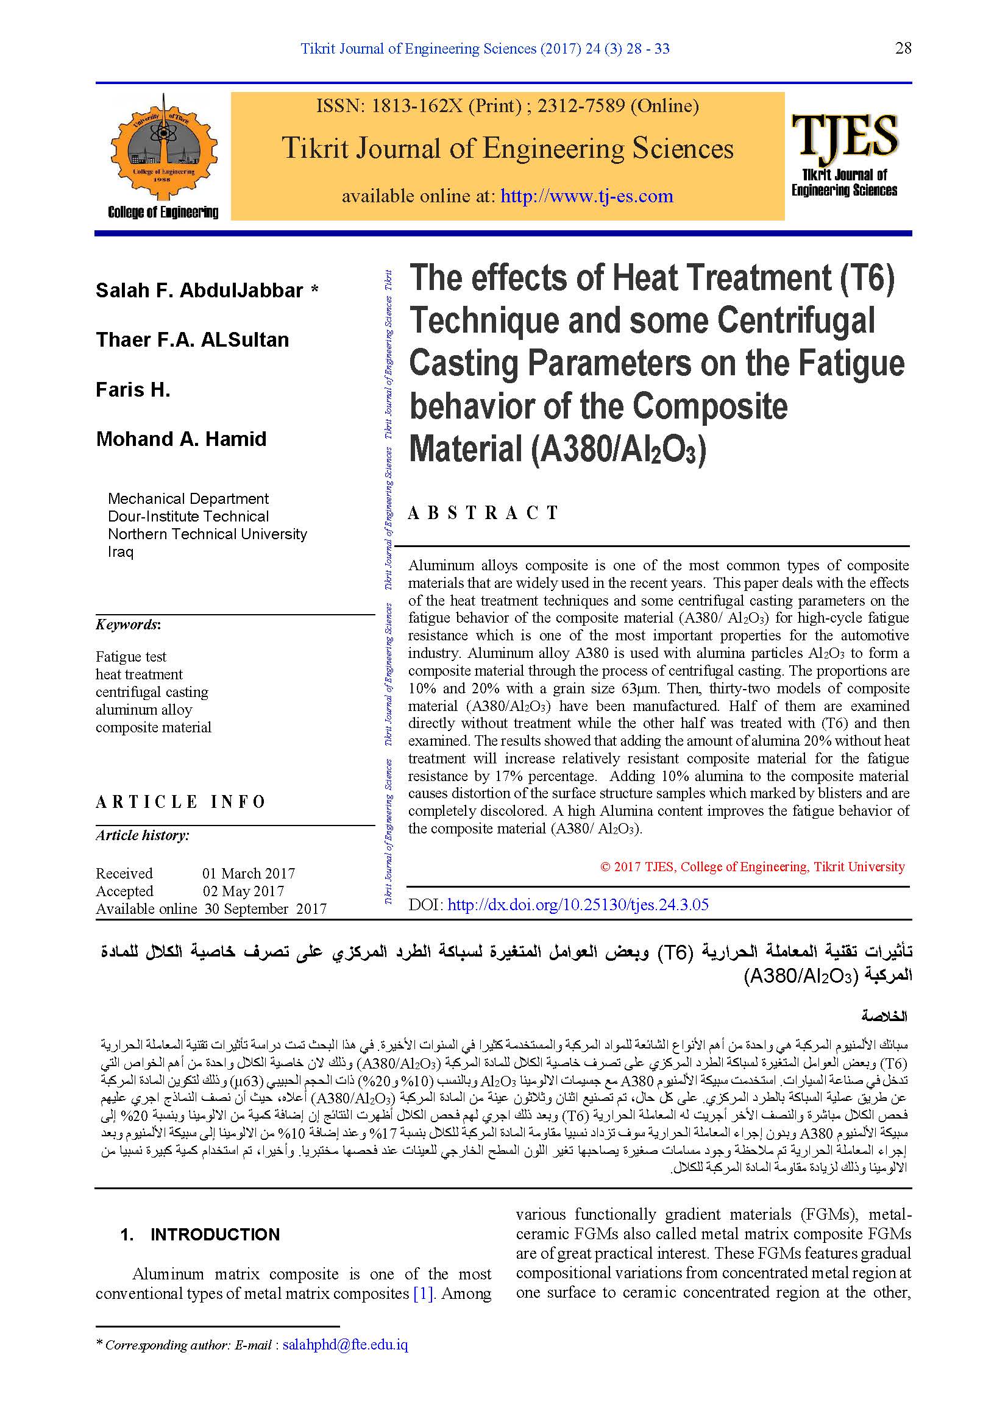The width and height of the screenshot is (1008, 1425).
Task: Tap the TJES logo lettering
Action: (x=844, y=135)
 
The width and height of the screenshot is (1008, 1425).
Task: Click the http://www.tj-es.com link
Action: (x=586, y=196)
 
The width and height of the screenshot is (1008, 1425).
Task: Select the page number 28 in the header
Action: (x=903, y=48)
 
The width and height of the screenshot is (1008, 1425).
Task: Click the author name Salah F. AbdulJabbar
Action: (x=199, y=291)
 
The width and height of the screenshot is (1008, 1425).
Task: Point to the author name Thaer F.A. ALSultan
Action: (x=193, y=340)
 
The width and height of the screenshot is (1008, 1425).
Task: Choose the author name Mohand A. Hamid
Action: (x=181, y=439)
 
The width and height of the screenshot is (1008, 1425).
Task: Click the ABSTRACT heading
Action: (x=483, y=512)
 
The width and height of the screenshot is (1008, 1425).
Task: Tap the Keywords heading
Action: (x=128, y=624)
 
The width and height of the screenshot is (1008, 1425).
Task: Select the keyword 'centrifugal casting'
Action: (x=152, y=692)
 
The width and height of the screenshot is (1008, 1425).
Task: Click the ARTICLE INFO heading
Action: (x=180, y=802)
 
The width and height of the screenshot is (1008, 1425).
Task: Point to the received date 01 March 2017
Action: (x=248, y=873)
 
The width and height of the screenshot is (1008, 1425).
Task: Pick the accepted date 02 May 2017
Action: (x=243, y=891)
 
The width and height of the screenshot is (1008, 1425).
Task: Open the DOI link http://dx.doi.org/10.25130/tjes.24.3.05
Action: (x=578, y=904)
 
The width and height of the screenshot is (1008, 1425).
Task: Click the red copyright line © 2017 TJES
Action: (x=752, y=867)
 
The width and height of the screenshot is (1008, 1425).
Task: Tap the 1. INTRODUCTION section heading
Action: (x=200, y=1234)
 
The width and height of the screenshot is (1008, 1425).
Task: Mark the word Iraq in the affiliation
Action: (x=121, y=552)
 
